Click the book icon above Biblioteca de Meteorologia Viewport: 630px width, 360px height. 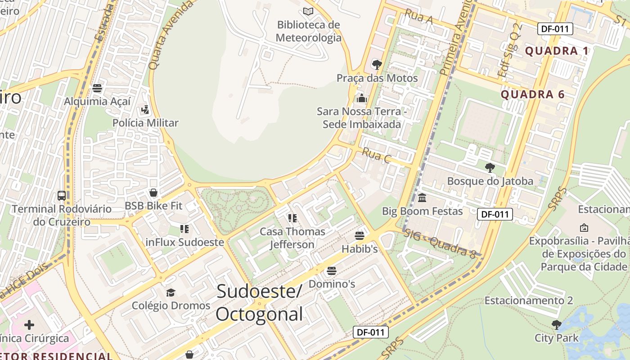[x=308, y=11]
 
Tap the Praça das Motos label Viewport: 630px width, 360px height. [x=377, y=78]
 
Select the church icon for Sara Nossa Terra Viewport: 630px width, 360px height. [x=361, y=98]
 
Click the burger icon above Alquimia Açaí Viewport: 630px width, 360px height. [x=97, y=88]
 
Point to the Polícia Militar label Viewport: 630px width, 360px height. [x=145, y=123]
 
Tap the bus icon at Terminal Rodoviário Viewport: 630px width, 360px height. [x=62, y=196]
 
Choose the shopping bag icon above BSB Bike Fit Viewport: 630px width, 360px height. [x=153, y=193]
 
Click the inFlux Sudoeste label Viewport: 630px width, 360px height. [x=184, y=242]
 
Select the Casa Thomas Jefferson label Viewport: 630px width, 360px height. [x=292, y=238]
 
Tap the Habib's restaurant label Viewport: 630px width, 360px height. [x=360, y=249]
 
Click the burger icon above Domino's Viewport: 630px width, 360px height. [x=332, y=270]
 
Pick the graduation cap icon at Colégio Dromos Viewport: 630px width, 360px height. [x=171, y=293]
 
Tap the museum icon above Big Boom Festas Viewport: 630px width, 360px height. [x=422, y=198]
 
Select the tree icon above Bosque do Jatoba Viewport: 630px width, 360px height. [x=490, y=168]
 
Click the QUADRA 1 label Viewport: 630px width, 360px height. [x=557, y=51]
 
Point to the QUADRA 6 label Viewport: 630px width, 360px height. [x=532, y=94]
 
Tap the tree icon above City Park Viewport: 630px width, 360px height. [x=557, y=324]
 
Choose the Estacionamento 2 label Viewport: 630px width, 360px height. [x=528, y=301]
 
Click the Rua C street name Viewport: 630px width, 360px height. [x=376, y=155]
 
